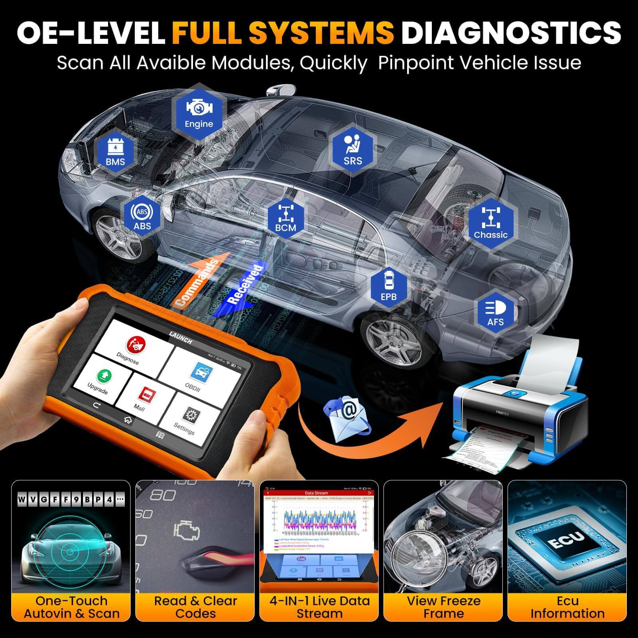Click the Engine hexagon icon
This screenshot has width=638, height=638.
(x=199, y=113)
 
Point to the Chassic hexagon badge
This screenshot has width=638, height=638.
(x=490, y=224)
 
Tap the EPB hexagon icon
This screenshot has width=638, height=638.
(x=388, y=286)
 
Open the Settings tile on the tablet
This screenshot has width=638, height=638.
(x=187, y=419)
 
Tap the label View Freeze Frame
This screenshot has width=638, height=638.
(x=443, y=607)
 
